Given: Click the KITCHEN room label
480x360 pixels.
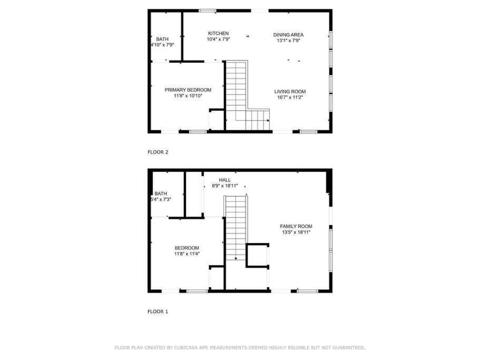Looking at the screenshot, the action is [x=218, y=33].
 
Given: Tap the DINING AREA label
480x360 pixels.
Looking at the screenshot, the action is [x=288, y=35].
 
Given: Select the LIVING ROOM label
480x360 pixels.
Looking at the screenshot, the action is [x=290, y=92].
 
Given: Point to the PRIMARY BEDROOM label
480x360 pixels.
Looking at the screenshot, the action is [x=188, y=90].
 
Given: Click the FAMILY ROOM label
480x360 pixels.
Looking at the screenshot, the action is [x=296, y=227].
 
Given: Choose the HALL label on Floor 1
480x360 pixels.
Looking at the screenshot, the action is [x=224, y=180].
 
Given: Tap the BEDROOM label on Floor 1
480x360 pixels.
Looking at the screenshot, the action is [x=187, y=248].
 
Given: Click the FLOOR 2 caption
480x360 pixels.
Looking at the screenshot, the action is [x=158, y=152].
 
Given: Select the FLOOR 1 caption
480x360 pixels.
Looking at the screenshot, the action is [x=158, y=312].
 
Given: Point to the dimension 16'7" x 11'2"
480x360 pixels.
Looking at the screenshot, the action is [x=290, y=98].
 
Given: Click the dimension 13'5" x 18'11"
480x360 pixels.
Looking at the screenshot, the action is [x=296, y=232].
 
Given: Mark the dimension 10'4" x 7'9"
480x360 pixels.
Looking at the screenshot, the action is [x=218, y=39].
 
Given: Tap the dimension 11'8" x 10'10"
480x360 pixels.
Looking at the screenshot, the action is [x=188, y=96].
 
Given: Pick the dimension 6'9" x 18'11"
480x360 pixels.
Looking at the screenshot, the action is [x=224, y=186].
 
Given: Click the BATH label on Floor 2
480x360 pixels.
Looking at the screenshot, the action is [x=162, y=39].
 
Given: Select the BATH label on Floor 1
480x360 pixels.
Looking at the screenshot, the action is [x=161, y=194].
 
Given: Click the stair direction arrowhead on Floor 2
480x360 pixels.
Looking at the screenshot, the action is [x=268, y=121].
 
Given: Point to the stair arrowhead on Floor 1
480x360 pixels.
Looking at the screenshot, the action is [x=236, y=259].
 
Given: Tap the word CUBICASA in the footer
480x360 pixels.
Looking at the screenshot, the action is [x=186, y=348].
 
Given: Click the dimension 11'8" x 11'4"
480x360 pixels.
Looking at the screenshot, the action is [x=187, y=254].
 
